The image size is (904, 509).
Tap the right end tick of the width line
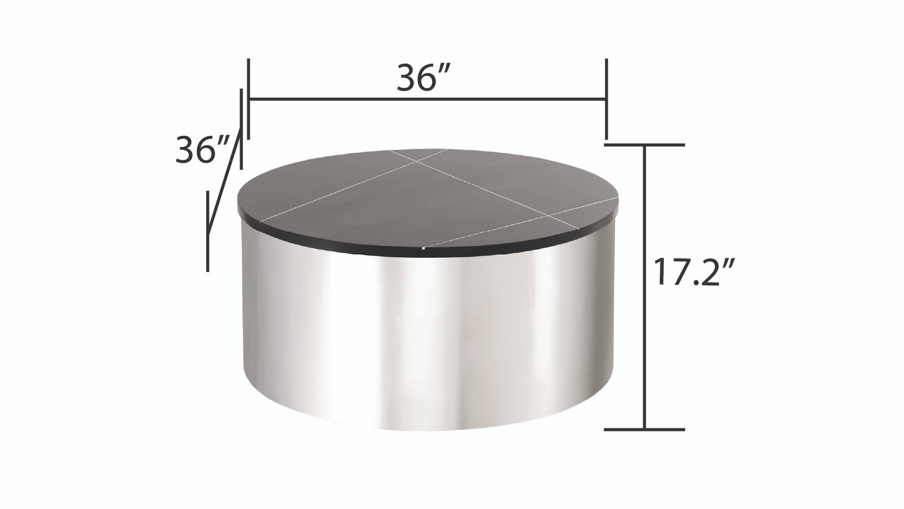click(x=606, y=97)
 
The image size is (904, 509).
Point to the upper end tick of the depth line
click(x=242, y=127)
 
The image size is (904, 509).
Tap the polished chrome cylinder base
click(x=429, y=339)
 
